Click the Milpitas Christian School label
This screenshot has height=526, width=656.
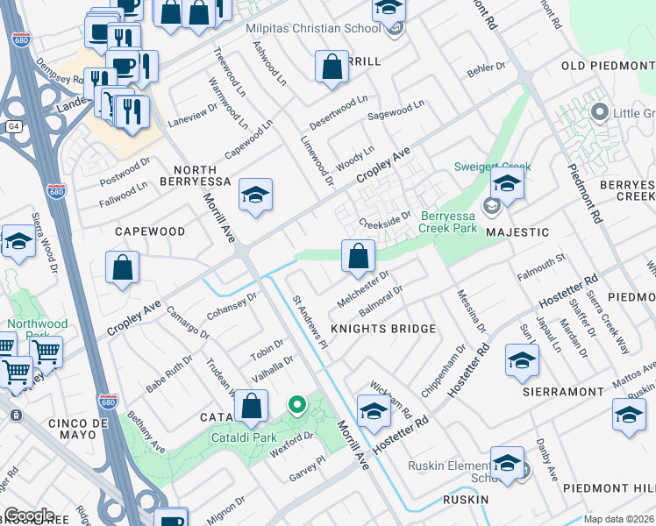(x=326, y=29)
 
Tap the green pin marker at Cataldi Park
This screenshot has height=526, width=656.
(x=297, y=404)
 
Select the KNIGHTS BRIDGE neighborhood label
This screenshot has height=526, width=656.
(x=382, y=329)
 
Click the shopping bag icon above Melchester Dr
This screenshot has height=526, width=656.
(x=358, y=257)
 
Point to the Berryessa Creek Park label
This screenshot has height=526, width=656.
(x=449, y=222)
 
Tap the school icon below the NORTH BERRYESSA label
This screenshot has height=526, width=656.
(x=255, y=195)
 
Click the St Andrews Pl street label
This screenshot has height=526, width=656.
(x=310, y=321)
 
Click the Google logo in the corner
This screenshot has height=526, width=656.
(x=28, y=515)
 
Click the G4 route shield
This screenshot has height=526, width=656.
(x=13, y=126)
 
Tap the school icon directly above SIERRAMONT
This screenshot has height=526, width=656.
(x=522, y=360)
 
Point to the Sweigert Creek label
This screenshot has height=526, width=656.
(x=481, y=167)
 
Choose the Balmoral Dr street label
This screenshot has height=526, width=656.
(x=381, y=302)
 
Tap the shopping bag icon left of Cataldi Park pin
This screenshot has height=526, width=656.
(x=251, y=406)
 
